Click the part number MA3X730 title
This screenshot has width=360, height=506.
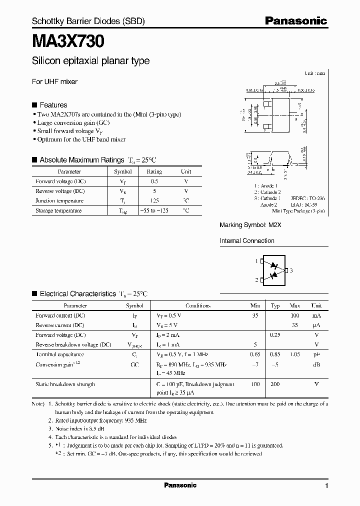[x=68, y=40]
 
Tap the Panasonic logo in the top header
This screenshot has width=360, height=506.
[x=295, y=21]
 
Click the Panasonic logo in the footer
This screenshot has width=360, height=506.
[x=180, y=485]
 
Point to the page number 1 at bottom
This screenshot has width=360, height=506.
[x=326, y=486]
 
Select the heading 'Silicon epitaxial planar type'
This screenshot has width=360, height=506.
[x=90, y=61]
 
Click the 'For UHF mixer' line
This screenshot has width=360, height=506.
[x=54, y=81]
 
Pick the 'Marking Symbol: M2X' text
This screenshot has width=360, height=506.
[x=250, y=225]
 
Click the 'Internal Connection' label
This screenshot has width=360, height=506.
[x=247, y=240]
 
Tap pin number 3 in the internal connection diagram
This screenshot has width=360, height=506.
[x=291, y=270]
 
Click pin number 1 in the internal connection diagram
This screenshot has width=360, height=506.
[x=256, y=261]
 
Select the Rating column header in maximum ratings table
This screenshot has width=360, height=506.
[x=154, y=171]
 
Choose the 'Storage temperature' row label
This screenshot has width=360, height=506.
[x=58, y=210]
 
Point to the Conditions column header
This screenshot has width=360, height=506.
[x=198, y=305]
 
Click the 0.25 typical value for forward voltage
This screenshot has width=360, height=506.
[x=275, y=335]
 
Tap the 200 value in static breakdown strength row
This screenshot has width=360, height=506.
[x=275, y=384]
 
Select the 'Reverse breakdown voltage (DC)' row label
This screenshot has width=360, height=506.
[x=73, y=345]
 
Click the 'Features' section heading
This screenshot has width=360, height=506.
[x=53, y=105]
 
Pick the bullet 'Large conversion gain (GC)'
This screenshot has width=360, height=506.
[x=73, y=122]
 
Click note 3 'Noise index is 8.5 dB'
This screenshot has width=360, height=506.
[x=80, y=428]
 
